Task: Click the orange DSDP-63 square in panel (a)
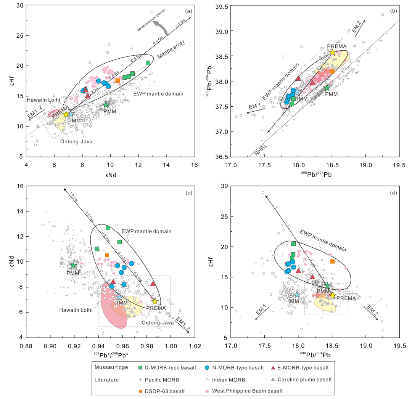pos(117,80)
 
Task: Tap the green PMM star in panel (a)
pos(106,104)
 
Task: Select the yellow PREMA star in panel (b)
pos(332,53)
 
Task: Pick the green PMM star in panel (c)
pos(73,265)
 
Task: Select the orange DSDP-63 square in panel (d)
pos(332,261)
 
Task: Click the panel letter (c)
pos(188,193)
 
